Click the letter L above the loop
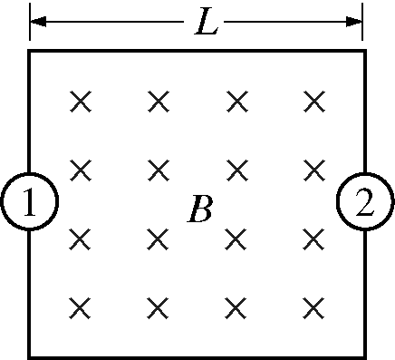(207, 23)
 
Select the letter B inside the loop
(199, 209)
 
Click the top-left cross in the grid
(81, 100)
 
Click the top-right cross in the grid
(314, 100)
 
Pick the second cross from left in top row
(159, 100)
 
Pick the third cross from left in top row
(237, 100)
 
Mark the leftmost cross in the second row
(81, 169)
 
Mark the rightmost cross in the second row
(314, 169)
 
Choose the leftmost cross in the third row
(81, 238)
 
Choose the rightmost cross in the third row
(314, 238)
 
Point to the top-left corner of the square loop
(30, 52)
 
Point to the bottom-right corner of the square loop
(365, 355)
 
